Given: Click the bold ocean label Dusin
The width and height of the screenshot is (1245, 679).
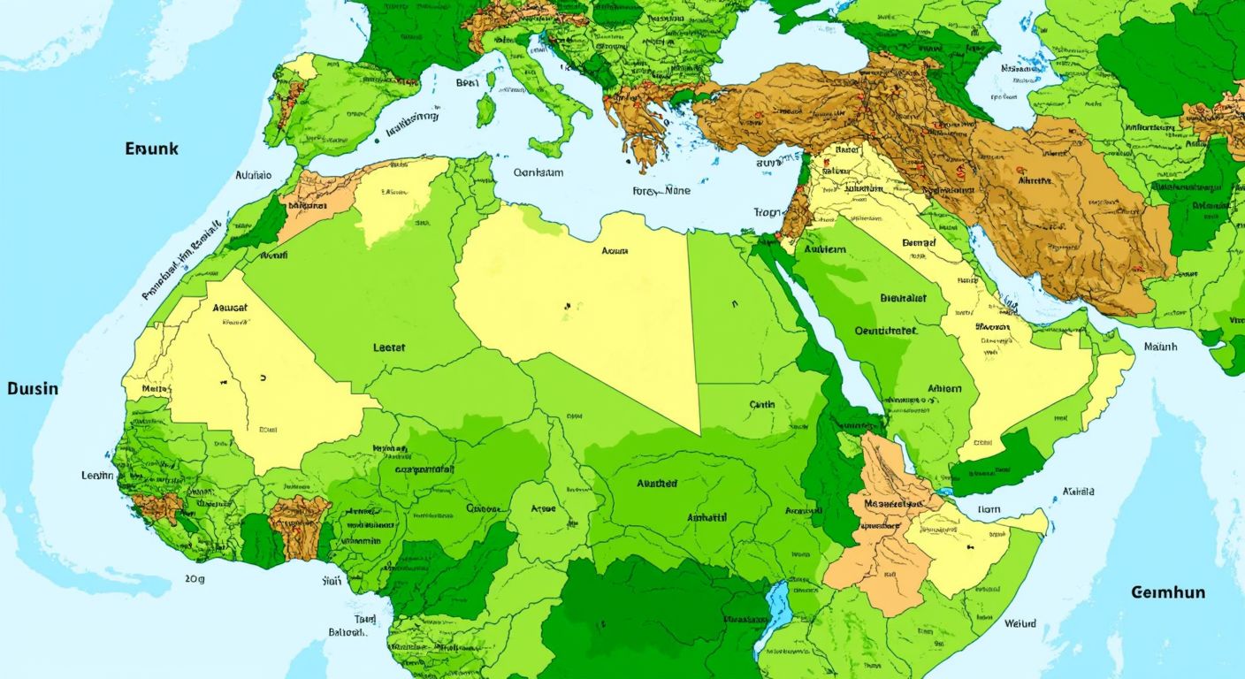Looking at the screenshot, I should tap(33, 388).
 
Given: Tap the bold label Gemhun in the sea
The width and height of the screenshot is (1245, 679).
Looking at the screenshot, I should tap(1167, 591).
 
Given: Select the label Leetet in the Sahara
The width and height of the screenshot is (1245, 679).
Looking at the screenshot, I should tap(389, 347).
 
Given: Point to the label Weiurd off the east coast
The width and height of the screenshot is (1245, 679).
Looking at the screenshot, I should tap(1020, 623).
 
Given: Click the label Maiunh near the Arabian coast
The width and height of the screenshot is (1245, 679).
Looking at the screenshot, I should tap(1160, 347).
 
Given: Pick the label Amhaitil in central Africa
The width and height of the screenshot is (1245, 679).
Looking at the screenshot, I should tap(707, 517).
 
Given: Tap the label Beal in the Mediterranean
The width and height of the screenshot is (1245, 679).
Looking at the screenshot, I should tap(467, 82).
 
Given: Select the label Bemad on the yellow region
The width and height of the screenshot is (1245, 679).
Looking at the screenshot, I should tap(918, 242).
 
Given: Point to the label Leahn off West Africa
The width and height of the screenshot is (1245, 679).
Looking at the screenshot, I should tap(97, 476).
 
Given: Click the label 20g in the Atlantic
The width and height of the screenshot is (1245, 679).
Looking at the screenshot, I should tap(195, 579).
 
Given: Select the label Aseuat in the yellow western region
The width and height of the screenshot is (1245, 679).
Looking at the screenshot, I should tap(230, 309).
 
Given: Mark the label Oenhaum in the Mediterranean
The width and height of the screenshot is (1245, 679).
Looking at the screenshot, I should tap(538, 173).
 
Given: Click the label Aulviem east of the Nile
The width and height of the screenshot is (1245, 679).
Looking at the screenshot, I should tap(824, 249).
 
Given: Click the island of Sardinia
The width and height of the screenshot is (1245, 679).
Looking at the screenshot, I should tap(485, 110).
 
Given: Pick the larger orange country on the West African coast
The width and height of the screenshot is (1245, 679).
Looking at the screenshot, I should tap(299, 526).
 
